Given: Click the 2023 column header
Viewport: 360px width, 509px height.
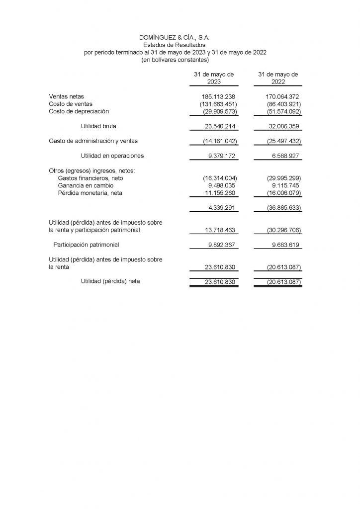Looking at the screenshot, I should click(214, 78).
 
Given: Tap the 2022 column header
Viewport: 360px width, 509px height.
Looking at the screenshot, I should click(278, 78).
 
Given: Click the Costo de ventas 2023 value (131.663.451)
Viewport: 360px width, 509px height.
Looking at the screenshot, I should click(215, 104).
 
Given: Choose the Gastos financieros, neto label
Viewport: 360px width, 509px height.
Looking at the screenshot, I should click(90, 178).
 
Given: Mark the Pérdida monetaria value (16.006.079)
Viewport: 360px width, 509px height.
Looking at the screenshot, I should click(279, 193).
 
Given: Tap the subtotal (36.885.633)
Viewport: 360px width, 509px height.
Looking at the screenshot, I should click(279, 208).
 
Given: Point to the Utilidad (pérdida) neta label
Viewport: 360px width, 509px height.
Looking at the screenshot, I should click(110, 281).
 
